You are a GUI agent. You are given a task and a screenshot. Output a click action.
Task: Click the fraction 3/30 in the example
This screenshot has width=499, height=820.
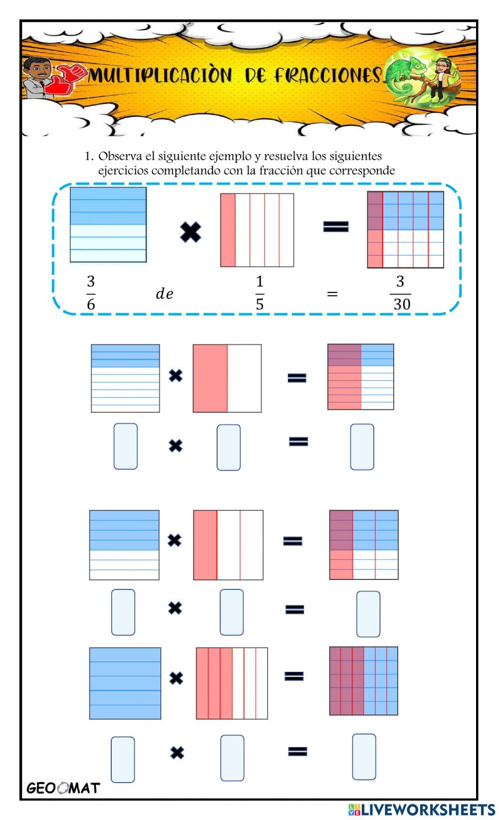400,293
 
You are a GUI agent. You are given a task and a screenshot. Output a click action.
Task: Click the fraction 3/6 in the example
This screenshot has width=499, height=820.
90,293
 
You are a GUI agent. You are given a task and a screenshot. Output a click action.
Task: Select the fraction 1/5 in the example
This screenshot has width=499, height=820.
259,293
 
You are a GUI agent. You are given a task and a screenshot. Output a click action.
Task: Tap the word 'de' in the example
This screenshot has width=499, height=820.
165,294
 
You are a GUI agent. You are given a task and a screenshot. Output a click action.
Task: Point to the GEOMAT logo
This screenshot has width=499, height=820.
63,788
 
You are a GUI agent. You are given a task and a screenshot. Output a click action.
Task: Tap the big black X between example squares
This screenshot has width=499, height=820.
191,232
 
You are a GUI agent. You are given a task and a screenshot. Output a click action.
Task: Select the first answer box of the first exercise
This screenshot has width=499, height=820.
125,446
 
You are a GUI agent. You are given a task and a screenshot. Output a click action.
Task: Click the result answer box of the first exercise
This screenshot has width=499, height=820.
362,447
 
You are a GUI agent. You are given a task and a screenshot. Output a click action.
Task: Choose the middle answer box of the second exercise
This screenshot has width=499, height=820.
232,612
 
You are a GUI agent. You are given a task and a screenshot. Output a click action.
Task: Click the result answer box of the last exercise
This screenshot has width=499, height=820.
364,757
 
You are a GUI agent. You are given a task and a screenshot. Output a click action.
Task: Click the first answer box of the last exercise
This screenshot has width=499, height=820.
122,759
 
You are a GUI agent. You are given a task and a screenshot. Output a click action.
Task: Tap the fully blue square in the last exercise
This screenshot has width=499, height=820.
125,683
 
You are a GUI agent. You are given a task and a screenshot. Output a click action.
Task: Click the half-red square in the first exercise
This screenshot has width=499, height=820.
227,378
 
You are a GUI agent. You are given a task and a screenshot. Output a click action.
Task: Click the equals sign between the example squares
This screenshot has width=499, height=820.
335,227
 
